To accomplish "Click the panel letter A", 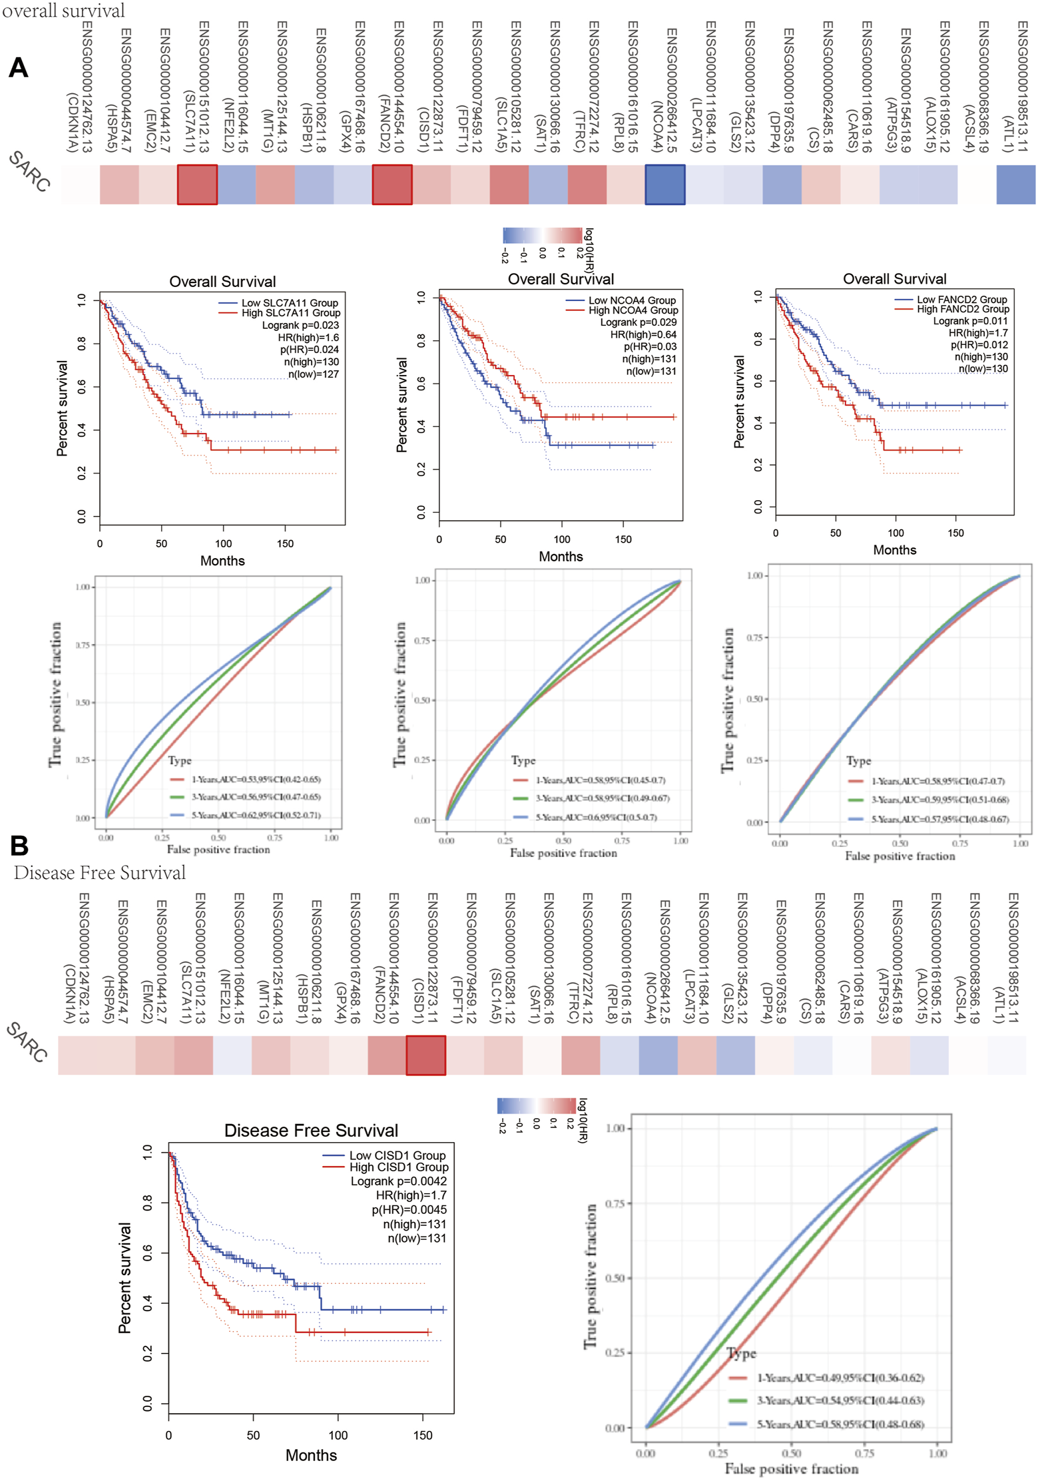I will tap(19, 68).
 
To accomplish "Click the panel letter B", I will tap(19, 845).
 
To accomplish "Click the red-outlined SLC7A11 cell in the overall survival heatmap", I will tap(197, 184).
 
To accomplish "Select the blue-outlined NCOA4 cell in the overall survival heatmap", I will tap(664, 184).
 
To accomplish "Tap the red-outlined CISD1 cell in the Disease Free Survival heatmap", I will tap(425, 1055).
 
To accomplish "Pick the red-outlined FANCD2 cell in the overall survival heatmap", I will tap(392, 184).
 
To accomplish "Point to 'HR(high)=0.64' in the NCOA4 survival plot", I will tap(643, 334).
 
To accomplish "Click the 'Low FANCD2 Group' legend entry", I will tap(961, 300).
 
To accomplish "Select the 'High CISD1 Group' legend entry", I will tap(398, 1167).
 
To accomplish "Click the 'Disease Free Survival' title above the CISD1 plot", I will tap(311, 1130).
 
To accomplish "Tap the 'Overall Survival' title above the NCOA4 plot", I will tap(561, 279).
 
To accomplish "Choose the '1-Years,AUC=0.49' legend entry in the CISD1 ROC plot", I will tap(840, 1377).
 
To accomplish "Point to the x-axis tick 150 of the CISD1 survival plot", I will tap(423, 1435).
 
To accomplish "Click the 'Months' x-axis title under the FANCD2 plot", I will tap(894, 550).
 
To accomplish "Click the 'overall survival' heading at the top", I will tap(63, 11).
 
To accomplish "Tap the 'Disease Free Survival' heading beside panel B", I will tap(100, 872).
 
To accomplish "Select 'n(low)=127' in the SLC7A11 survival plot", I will tap(313, 374).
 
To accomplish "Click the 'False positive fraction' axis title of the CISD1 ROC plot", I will tap(791, 1468).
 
